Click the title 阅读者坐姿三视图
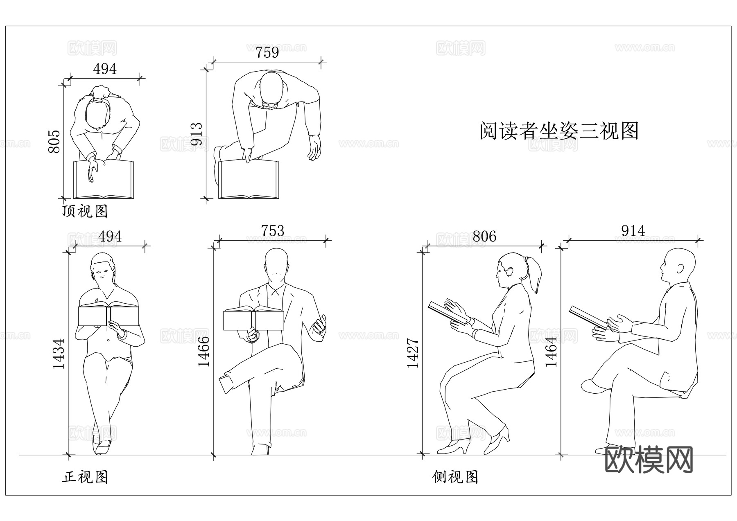(x=559, y=131)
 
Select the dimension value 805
(x=54, y=142)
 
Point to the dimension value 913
(x=197, y=134)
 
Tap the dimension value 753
(x=272, y=231)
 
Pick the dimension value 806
(x=484, y=237)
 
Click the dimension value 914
(x=633, y=231)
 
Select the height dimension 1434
(x=59, y=354)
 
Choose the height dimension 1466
(x=203, y=351)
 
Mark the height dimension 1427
(x=413, y=353)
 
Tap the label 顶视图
(x=85, y=212)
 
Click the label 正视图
(x=85, y=477)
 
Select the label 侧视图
(x=455, y=477)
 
